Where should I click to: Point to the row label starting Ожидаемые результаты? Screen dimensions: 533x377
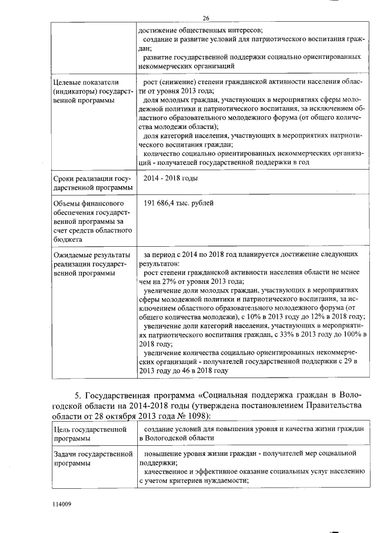coord(91,254)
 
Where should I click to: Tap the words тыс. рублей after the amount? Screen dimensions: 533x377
coord(197,203)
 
